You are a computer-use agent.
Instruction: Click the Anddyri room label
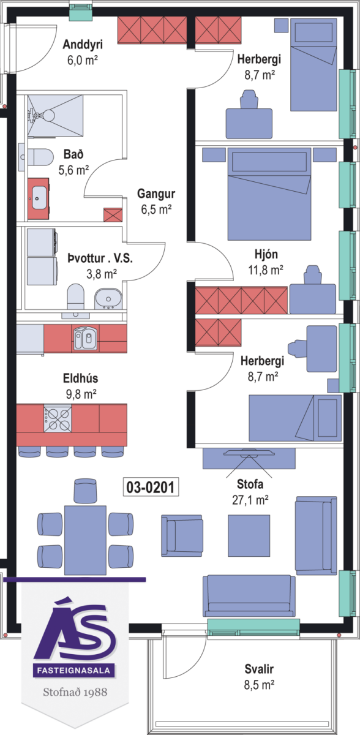pyautogui.click(x=83, y=44)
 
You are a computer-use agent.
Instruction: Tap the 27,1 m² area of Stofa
pyautogui.click(x=250, y=500)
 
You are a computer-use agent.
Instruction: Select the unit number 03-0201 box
pyautogui.click(x=151, y=487)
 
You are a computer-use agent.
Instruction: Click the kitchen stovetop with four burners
pyautogui.click(x=58, y=418)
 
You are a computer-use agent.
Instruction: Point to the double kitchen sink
pyautogui.click(x=85, y=338)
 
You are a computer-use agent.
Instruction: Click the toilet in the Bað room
pyautogui.click(x=39, y=157)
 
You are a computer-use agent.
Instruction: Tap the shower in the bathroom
pyautogui.click(x=55, y=115)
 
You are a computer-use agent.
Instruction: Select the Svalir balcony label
pyautogui.click(x=259, y=669)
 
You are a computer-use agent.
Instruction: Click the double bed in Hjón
pyautogui.click(x=269, y=194)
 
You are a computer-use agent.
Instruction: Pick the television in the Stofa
pyautogui.click(x=249, y=454)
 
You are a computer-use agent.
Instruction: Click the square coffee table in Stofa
pyautogui.click(x=249, y=536)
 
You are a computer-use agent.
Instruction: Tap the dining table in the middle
pyautogui.click(x=85, y=540)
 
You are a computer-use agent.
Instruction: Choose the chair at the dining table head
pyautogui.click(x=85, y=491)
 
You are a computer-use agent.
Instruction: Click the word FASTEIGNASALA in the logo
pyautogui.click(x=73, y=670)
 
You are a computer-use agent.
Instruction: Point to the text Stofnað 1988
pyautogui.click(x=75, y=692)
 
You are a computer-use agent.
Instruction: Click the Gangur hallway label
pyautogui.click(x=156, y=194)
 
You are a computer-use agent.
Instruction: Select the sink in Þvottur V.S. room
pyautogui.click(x=108, y=299)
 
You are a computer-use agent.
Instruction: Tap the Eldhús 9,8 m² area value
pyautogui.click(x=81, y=394)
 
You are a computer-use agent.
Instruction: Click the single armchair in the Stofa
pyautogui.click(x=182, y=535)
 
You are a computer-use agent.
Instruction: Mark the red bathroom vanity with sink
pyautogui.click(x=39, y=198)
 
